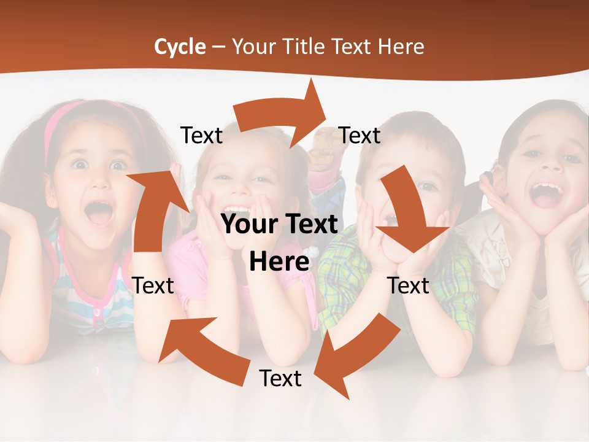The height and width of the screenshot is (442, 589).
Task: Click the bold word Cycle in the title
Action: tap(180, 47)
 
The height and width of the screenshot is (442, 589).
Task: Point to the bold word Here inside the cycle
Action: tap(279, 262)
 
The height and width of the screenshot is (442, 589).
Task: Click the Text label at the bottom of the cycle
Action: tap(280, 379)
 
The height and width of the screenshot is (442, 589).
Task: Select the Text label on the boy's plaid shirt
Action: tap(409, 285)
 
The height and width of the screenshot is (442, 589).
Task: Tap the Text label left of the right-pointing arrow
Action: tap(201, 136)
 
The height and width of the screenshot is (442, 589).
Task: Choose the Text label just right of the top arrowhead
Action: tap(360, 136)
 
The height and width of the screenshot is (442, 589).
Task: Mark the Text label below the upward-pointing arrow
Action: tap(153, 285)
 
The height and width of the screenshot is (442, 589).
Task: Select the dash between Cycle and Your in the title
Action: tap(219, 47)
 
